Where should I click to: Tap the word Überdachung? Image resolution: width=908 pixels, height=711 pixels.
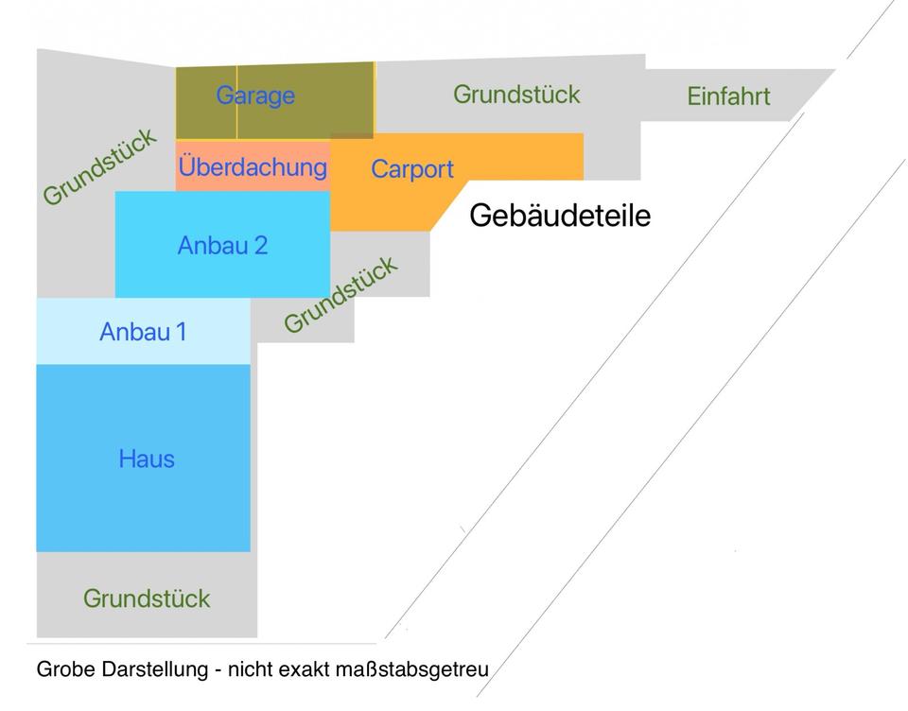(x=253, y=166)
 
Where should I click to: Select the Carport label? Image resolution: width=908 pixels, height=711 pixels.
(x=412, y=169)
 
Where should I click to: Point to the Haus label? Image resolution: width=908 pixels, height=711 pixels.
(x=147, y=460)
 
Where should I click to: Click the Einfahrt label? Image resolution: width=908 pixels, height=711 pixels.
(x=728, y=96)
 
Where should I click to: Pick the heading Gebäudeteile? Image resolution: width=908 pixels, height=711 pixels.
(x=560, y=216)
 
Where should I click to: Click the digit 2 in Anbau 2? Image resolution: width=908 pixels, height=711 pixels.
(x=261, y=246)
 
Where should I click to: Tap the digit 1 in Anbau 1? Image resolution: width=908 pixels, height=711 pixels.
(x=182, y=333)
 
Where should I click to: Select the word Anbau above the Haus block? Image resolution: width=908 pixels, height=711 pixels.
(x=135, y=333)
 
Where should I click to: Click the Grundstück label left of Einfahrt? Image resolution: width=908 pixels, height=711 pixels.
(x=516, y=95)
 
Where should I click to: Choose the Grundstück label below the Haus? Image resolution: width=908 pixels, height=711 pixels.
(x=147, y=598)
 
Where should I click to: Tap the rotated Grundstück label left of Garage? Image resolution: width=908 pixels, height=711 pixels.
(x=99, y=166)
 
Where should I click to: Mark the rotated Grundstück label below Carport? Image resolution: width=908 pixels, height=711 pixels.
(x=340, y=294)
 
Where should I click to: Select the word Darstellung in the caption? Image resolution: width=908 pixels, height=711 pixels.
(x=154, y=670)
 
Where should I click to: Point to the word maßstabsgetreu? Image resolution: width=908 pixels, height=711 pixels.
(x=412, y=670)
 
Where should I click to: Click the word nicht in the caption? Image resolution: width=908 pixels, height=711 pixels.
(x=250, y=669)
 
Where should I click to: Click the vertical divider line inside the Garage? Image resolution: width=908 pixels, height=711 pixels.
(x=236, y=102)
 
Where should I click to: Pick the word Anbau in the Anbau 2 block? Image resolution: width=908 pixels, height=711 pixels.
(x=213, y=246)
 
